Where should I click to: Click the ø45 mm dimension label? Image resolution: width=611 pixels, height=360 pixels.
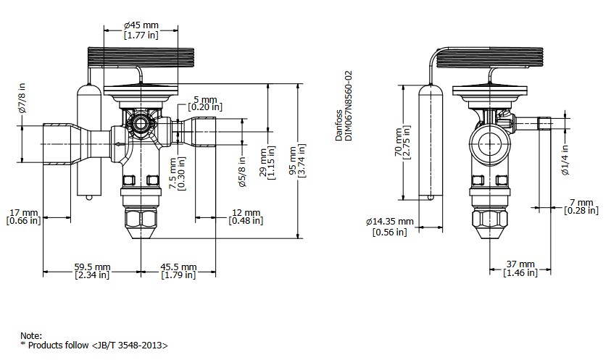(141, 25)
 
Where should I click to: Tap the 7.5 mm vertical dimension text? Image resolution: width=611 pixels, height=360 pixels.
(178, 175)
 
